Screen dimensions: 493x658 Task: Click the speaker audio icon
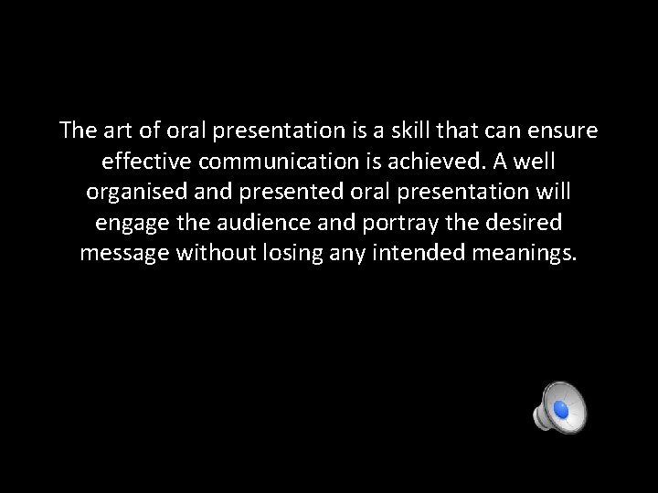(559, 408)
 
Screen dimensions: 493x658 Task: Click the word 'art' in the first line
(111, 131)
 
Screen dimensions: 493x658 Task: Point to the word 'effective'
(142, 162)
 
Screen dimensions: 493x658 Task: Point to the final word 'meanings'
(527, 254)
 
